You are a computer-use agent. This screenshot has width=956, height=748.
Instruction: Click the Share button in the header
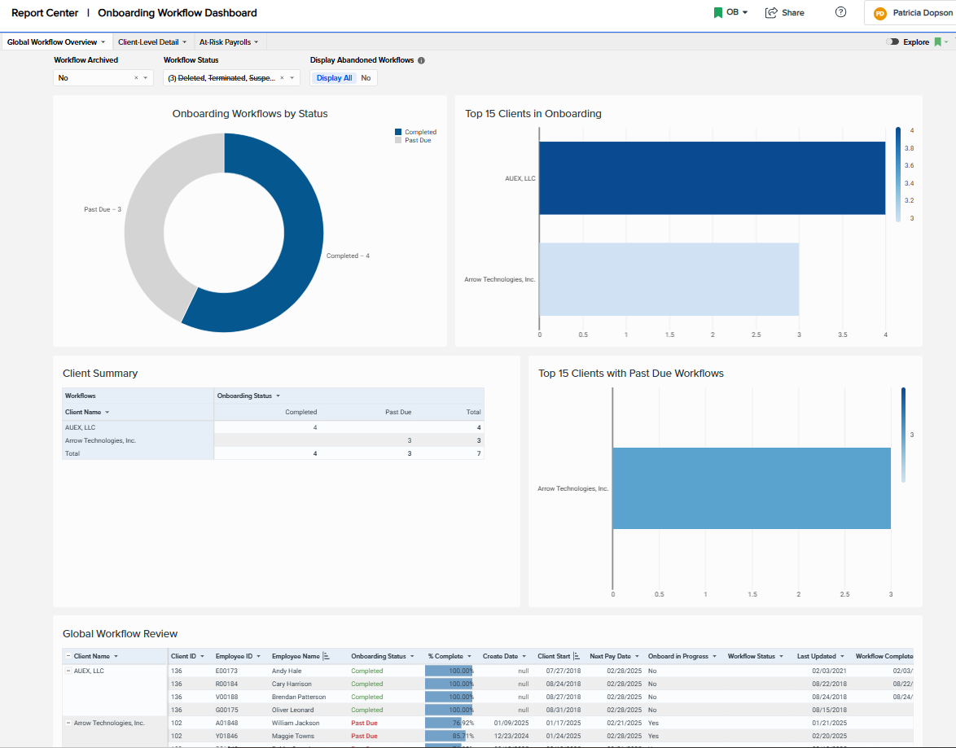[x=785, y=13]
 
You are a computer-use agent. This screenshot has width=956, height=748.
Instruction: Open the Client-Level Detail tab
[x=151, y=42]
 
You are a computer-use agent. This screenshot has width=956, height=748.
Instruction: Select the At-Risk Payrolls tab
[x=228, y=42]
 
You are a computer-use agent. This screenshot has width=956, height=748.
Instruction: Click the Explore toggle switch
[x=892, y=42]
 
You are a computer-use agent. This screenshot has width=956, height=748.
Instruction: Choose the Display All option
[x=335, y=78]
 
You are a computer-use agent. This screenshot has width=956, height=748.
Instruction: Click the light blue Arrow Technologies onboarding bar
[x=669, y=279]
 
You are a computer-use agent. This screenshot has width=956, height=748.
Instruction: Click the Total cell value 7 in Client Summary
[x=479, y=453]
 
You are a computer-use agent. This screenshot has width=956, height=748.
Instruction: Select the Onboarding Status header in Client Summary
[x=244, y=396]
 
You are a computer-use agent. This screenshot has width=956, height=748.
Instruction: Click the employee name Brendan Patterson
[x=299, y=697]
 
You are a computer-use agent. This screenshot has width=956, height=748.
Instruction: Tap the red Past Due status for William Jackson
[x=364, y=723]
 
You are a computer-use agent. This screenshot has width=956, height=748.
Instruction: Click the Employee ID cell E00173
[x=226, y=671]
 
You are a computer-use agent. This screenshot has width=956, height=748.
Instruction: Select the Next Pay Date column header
[x=610, y=656]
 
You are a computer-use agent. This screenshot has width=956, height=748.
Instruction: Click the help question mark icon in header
[x=841, y=12]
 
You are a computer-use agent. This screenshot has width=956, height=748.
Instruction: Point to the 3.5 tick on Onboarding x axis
[x=842, y=335]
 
